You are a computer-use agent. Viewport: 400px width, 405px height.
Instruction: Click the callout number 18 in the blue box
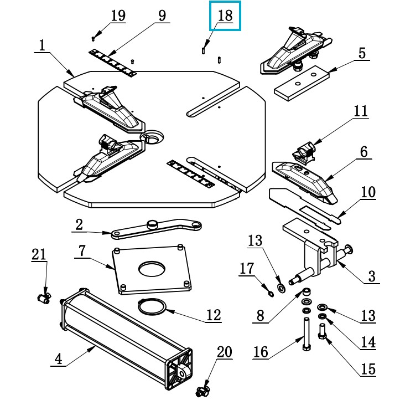click(x=225, y=16)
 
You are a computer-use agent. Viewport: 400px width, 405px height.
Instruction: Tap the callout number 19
click(x=118, y=16)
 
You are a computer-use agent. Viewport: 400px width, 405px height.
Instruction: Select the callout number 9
click(x=162, y=16)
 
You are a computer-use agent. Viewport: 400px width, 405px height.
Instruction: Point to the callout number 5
click(x=362, y=53)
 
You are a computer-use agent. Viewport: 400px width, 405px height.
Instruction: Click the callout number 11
click(x=361, y=111)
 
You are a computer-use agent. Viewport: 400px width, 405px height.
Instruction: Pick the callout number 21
click(x=39, y=254)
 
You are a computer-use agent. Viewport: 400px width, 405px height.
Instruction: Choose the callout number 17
click(x=247, y=268)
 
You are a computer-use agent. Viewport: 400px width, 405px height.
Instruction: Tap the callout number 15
click(x=368, y=368)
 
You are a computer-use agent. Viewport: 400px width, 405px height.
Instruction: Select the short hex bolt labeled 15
click(x=323, y=331)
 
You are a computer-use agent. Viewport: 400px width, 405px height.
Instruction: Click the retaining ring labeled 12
click(x=152, y=306)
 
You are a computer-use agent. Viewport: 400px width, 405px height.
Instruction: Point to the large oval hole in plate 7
click(x=152, y=269)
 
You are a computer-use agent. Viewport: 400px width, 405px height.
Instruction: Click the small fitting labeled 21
click(x=44, y=299)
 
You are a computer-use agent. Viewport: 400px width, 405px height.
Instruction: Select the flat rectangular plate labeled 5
click(x=302, y=83)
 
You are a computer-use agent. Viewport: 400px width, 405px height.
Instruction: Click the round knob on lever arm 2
click(x=152, y=224)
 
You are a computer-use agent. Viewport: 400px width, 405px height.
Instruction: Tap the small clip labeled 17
click(x=271, y=294)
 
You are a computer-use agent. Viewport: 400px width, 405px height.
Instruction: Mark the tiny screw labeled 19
click(x=93, y=39)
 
